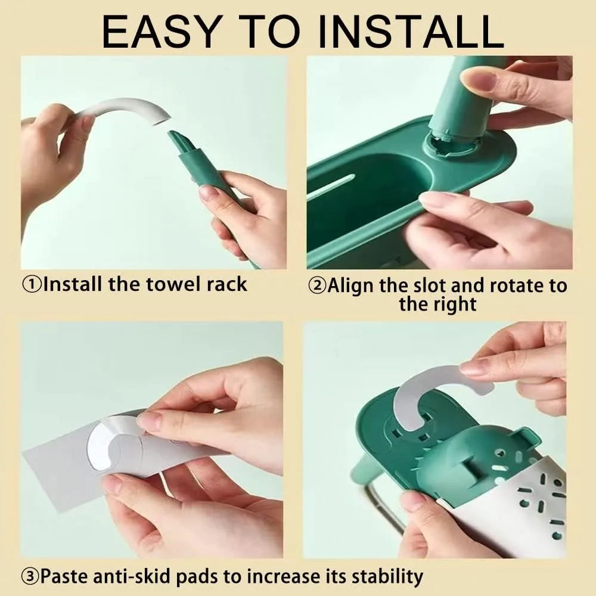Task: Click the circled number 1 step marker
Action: [32, 284]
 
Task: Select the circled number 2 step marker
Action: [318, 285]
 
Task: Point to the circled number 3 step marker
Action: [30, 576]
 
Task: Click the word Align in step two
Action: [350, 286]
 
